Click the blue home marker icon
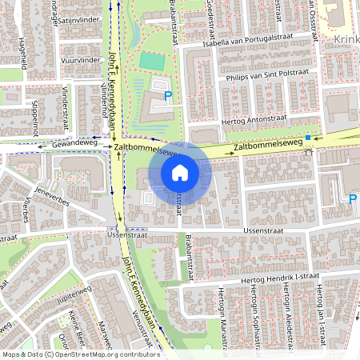click(x=180, y=172)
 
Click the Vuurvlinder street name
click(x=80, y=59)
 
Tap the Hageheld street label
click(x=22, y=57)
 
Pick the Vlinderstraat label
click(x=65, y=105)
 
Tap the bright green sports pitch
click(x=150, y=60)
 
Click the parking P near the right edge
click(x=352, y=199)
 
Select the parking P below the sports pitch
click(x=168, y=97)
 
